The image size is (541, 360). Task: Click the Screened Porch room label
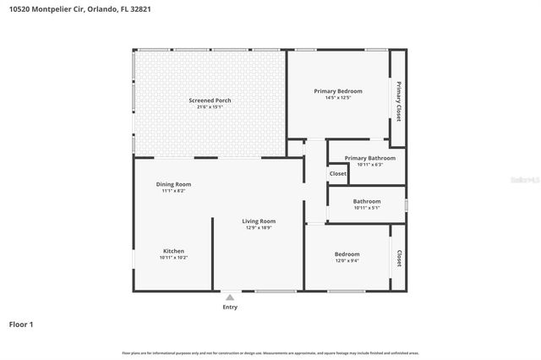(210, 101)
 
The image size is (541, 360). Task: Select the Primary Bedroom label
(338, 91)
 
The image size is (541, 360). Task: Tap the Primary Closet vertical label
(397, 101)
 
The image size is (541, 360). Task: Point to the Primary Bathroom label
(370, 158)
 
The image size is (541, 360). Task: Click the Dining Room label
(173, 184)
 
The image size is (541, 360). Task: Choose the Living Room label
(260, 221)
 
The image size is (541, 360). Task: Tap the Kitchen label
(173, 251)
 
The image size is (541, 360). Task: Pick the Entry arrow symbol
(230, 297)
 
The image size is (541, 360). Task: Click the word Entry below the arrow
(230, 307)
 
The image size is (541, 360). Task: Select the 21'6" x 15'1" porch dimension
(210, 107)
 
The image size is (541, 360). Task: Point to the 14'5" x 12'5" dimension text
(338, 98)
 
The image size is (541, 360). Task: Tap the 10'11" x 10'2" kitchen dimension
(173, 258)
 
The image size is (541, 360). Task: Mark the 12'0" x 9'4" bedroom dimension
(347, 260)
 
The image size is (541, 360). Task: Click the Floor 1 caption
(21, 325)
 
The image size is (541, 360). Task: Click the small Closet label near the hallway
(338, 173)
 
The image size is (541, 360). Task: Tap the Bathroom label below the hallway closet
(368, 201)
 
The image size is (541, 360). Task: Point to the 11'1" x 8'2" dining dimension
(173, 191)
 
